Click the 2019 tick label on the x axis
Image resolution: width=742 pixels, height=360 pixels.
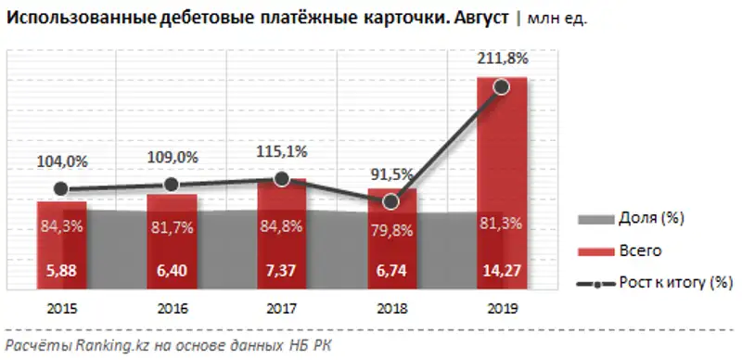pos(502,309)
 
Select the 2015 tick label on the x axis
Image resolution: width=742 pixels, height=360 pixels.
pos(61,309)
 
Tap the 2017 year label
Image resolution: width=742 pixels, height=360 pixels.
pos(281,309)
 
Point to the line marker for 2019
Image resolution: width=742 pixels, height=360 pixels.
pos(502,87)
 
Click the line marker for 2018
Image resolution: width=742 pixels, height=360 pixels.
pos(391,200)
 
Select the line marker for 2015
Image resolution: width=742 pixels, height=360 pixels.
pos(61,189)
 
